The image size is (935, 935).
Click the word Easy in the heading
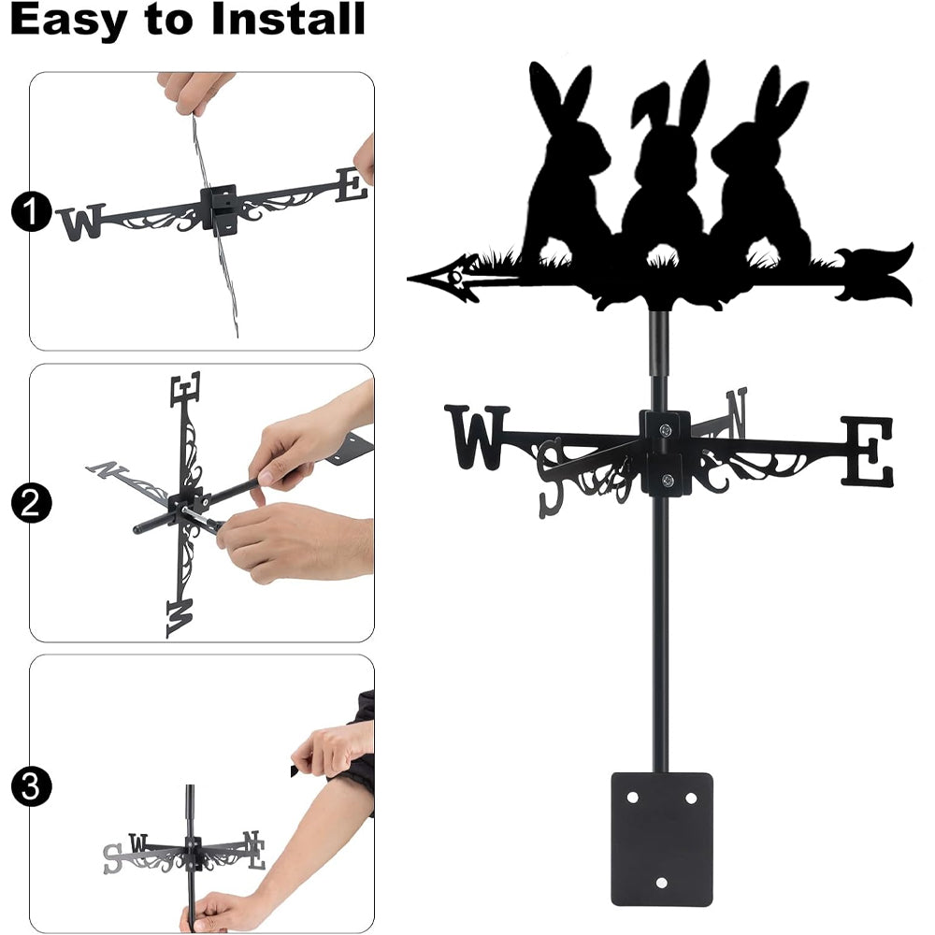(x=68, y=19)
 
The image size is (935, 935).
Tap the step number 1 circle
(x=29, y=211)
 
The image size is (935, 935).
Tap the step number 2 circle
(x=31, y=503)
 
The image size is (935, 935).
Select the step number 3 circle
(x=31, y=786)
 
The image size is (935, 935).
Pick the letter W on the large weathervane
(x=477, y=437)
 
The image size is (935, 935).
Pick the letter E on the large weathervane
(x=867, y=451)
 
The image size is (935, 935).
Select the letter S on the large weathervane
(x=551, y=478)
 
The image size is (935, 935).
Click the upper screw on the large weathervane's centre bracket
(x=665, y=429)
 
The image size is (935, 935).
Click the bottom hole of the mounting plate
(x=661, y=882)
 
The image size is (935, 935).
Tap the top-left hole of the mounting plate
(x=632, y=798)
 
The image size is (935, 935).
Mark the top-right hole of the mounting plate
(x=691, y=798)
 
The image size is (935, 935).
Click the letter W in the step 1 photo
(x=81, y=222)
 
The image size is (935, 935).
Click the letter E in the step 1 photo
(x=352, y=184)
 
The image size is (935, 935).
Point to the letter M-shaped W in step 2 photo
(x=180, y=618)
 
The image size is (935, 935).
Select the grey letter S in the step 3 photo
(x=112, y=858)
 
